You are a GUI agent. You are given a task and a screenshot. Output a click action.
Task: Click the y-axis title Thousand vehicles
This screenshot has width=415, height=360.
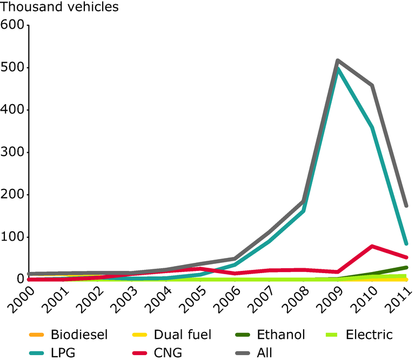(59, 8)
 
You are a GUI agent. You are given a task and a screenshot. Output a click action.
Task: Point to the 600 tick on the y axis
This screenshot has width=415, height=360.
(13, 25)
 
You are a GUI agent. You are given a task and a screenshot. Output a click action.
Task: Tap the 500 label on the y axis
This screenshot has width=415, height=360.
(13, 67)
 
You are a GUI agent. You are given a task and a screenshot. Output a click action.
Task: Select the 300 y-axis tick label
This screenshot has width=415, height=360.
(13, 152)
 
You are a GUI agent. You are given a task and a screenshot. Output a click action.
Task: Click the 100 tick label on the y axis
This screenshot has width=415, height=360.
(13, 237)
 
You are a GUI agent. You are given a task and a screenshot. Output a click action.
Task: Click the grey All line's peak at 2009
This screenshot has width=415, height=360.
(338, 60)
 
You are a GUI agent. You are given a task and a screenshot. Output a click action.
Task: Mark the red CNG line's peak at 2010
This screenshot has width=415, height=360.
(372, 246)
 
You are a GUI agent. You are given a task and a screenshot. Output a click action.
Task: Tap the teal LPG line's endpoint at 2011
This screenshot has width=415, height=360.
(406, 243)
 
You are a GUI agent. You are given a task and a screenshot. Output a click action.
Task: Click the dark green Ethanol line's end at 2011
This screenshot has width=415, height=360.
(406, 267)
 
